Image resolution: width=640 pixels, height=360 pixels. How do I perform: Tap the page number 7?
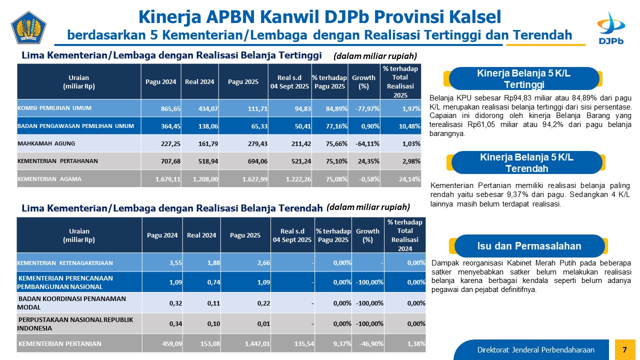tap(624, 349)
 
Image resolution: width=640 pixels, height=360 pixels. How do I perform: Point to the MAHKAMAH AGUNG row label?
tap(46, 143)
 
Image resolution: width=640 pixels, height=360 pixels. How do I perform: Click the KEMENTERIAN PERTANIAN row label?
tap(60, 343)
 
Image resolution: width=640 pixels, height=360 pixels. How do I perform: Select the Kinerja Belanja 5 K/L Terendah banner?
tap(526, 162)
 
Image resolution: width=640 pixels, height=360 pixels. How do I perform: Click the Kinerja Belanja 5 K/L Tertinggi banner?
tap(524, 78)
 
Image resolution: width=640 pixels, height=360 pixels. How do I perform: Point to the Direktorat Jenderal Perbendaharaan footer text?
tap(535, 349)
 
